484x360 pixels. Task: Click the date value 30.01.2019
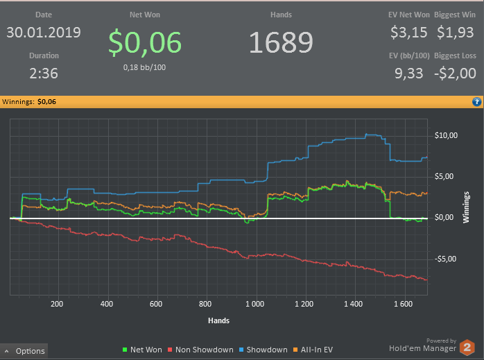click(x=44, y=33)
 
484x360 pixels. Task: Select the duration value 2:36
click(x=44, y=73)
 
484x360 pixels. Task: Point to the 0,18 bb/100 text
click(x=145, y=67)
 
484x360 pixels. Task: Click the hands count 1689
click(x=281, y=43)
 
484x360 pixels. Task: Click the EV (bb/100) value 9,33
click(x=409, y=73)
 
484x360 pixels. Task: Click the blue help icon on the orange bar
click(x=476, y=102)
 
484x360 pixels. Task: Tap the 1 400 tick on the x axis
click(x=354, y=304)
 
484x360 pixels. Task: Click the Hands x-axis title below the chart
click(x=218, y=320)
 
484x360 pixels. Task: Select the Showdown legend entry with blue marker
click(x=263, y=350)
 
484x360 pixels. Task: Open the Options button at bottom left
click(x=25, y=351)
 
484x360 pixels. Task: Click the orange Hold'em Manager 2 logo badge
click(x=468, y=346)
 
